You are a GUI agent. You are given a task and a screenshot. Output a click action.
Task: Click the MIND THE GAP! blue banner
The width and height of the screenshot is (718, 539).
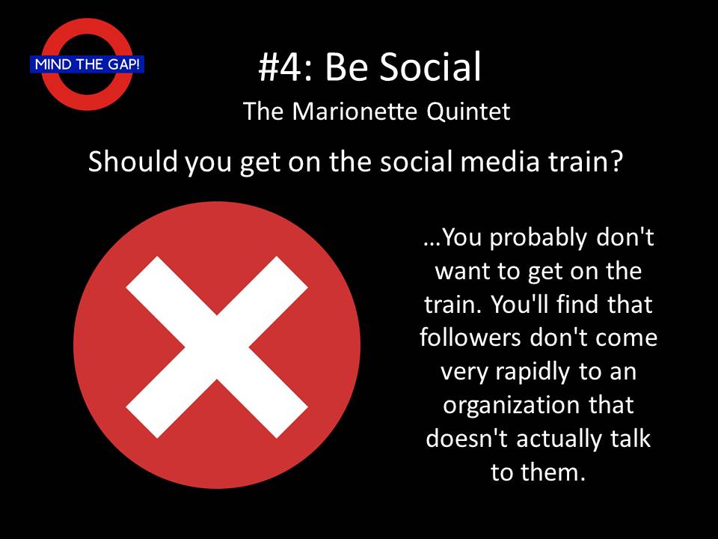pyautogui.click(x=87, y=64)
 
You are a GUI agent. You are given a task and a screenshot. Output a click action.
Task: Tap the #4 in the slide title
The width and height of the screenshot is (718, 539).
pyautogui.click(x=280, y=67)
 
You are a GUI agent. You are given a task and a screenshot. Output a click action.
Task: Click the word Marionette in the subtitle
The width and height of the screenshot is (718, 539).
pyautogui.click(x=355, y=111)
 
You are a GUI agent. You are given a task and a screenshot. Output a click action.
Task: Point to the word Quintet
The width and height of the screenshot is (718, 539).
pyautogui.click(x=468, y=112)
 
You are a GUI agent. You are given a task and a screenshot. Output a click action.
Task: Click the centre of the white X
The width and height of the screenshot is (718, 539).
pyautogui.click(x=217, y=347)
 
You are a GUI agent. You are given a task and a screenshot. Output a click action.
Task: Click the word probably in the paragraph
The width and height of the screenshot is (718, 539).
pyautogui.click(x=538, y=238)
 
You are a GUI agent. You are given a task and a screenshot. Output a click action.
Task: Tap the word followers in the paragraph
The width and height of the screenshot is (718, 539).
pyautogui.click(x=470, y=338)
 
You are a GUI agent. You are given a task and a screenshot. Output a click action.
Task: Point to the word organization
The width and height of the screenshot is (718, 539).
pyautogui.click(x=512, y=406)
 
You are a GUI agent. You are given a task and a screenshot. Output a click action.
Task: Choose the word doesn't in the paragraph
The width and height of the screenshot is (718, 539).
pyautogui.click(x=467, y=438)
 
